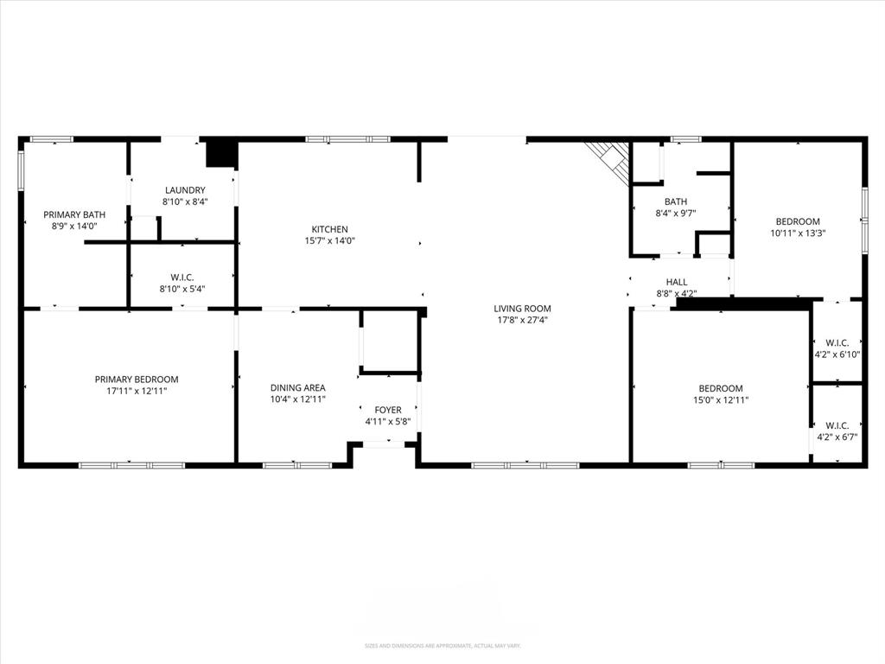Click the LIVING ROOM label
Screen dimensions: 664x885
(522, 309)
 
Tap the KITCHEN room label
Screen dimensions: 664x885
(330, 229)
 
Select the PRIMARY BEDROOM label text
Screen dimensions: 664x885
(137, 380)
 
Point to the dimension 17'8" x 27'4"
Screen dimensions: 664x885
(522, 320)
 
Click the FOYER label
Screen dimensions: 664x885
(387, 410)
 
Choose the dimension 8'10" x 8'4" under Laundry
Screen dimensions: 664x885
(185, 201)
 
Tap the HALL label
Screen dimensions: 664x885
(677, 282)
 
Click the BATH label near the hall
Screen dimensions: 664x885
(676, 201)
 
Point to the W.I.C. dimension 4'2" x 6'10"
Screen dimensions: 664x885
(837, 354)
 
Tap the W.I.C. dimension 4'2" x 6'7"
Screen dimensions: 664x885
(837, 437)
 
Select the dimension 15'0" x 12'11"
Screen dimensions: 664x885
(721, 400)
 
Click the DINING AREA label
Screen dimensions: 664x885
(297, 388)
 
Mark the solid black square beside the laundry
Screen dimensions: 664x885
(220, 153)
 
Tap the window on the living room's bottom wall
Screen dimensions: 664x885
(525, 465)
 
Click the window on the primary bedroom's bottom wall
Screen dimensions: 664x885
(131, 465)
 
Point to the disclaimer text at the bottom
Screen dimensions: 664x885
(442, 646)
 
